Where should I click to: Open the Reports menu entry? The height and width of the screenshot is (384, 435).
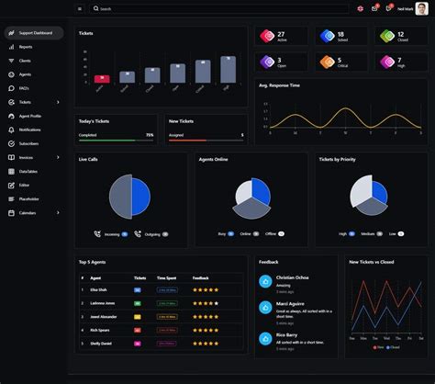26,47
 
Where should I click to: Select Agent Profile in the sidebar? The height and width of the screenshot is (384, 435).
30,116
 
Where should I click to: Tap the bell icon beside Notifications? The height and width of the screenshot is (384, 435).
11,130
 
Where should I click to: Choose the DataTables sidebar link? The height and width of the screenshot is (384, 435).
28,171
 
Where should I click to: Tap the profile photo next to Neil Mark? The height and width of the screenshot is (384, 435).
420,8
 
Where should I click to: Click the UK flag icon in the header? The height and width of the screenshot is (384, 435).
361,8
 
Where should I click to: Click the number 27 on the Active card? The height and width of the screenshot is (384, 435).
280,34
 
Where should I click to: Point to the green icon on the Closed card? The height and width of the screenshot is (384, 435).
387,37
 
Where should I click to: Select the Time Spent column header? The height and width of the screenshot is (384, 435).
166,277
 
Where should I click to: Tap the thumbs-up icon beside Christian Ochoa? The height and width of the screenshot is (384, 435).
265,281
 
